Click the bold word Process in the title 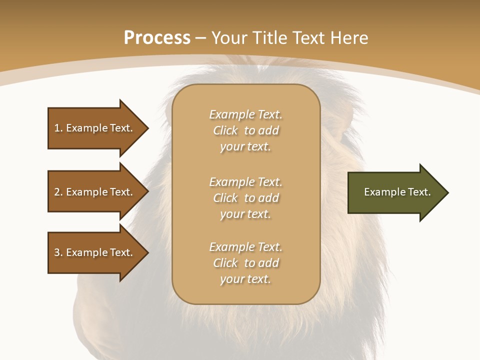(157, 38)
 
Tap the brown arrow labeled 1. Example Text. (95, 128)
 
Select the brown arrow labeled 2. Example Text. (95, 192)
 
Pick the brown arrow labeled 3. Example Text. (95, 252)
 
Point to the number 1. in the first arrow (58, 128)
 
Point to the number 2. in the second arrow (58, 192)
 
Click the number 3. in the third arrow (58, 252)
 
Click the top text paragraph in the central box (245, 130)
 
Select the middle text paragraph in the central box (245, 198)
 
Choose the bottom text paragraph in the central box (245, 263)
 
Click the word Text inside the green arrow (419, 192)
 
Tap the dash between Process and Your (201, 38)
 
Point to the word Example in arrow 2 (87, 192)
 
